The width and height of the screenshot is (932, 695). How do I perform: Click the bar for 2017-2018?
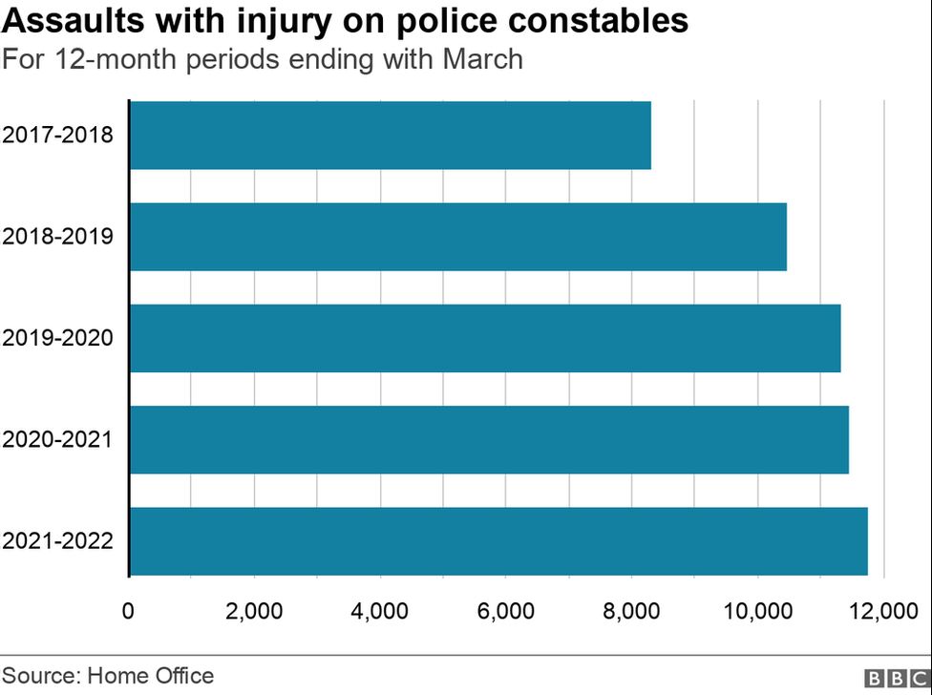390,136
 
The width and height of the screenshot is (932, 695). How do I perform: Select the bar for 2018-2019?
457,237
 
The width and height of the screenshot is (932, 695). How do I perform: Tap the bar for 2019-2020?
484,338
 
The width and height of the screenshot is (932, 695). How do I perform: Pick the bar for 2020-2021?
488,439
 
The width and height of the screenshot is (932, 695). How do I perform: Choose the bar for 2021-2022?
498,541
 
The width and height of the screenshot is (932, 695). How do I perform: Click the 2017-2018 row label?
58,135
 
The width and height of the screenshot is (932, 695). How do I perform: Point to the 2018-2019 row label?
58,236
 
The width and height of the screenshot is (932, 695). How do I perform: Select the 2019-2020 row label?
58,338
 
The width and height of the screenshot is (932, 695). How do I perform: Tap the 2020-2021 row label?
58,439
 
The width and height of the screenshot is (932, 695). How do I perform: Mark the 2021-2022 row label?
58,540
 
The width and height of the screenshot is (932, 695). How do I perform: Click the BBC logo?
895,678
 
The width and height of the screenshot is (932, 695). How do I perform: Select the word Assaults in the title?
66,21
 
